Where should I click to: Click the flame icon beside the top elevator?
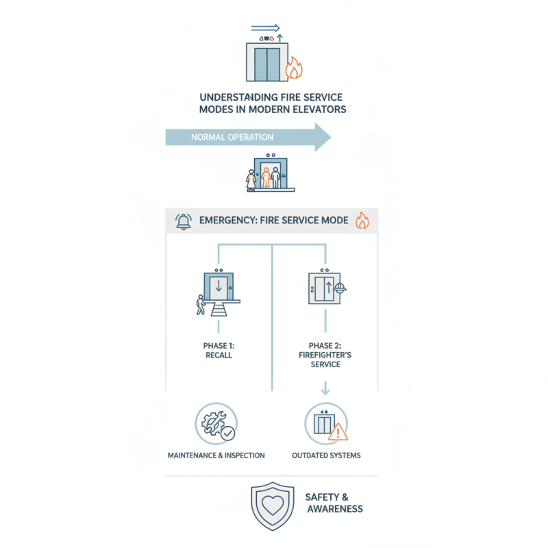tap(294, 68)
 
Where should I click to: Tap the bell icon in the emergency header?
tap(184, 221)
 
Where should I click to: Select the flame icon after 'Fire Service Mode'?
tap(362, 221)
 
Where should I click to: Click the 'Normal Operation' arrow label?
tap(232, 138)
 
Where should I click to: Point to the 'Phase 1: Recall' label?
tap(219, 351)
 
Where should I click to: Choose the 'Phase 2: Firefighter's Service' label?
tap(325, 355)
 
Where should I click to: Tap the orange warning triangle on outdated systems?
tap(338, 432)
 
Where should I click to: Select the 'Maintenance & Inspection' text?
tap(216, 456)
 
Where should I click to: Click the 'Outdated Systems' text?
tap(326, 456)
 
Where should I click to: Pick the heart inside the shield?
tap(273, 506)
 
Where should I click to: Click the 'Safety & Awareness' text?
tap(334, 503)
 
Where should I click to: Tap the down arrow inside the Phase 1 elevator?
tap(219, 286)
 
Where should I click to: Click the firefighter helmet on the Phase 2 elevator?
tap(339, 288)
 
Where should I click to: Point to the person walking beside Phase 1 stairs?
tap(201, 305)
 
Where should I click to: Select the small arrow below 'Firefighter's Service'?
tap(325, 388)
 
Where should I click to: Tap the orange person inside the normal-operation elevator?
tap(266, 177)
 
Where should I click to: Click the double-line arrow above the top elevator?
tap(266, 28)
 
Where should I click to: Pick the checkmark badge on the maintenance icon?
tap(228, 434)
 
